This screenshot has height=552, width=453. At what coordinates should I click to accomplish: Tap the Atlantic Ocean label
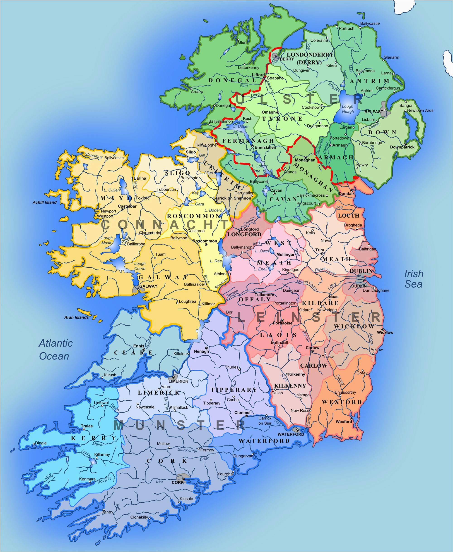(55, 350)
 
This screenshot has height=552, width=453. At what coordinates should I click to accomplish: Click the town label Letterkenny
(248, 67)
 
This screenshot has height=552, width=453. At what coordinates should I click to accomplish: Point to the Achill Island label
(45, 202)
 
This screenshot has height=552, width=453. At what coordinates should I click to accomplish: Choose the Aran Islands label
(77, 317)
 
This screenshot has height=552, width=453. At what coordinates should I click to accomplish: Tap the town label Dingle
(41, 443)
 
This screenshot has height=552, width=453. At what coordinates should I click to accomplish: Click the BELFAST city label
(373, 112)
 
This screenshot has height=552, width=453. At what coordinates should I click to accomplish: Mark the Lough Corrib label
(140, 266)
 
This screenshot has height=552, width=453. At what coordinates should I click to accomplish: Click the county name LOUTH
(349, 216)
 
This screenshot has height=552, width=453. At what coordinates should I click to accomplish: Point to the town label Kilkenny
(296, 374)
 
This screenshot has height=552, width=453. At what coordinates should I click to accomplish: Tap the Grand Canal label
(307, 285)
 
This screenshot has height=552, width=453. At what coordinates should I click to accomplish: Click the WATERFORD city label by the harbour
(291, 434)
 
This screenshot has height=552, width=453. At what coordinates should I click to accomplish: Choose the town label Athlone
(221, 274)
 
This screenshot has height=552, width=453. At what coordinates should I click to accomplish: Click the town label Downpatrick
(402, 147)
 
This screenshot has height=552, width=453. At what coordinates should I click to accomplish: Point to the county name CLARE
(133, 353)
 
